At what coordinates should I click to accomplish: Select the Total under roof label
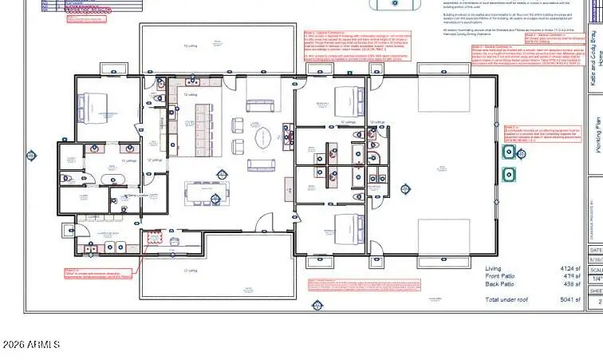508,299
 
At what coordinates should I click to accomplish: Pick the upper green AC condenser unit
507,152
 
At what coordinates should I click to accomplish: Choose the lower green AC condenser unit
507,173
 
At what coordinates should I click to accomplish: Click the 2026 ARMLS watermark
32,344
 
